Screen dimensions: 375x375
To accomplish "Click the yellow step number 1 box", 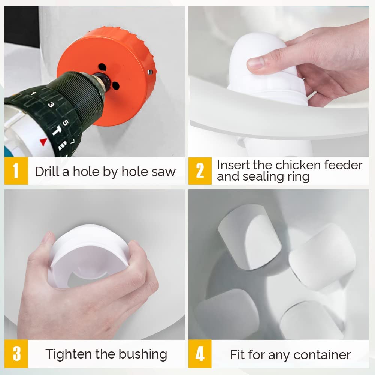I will coord(16,171).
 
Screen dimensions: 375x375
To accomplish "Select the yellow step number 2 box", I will coord(200,171).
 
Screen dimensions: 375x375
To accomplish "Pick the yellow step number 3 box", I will coord(16,354).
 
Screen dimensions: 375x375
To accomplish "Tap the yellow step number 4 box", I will coord(200,354).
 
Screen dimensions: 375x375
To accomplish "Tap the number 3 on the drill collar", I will coord(51,105).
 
